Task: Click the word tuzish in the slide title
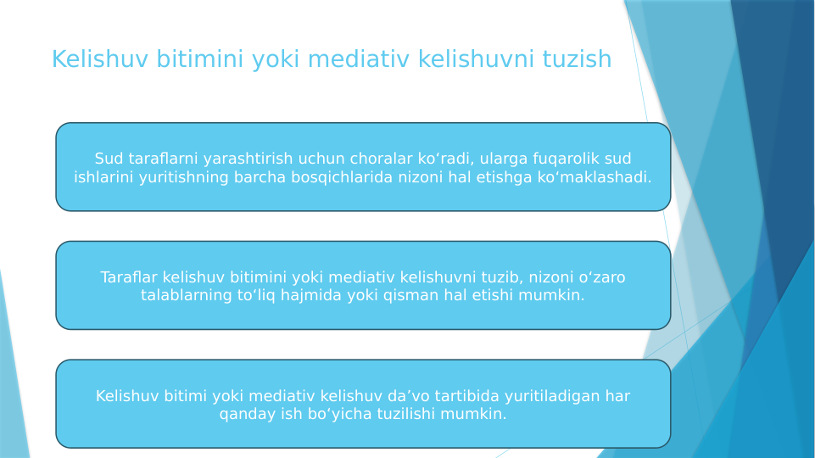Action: [x=575, y=59]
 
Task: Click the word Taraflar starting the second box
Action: [x=129, y=277]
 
